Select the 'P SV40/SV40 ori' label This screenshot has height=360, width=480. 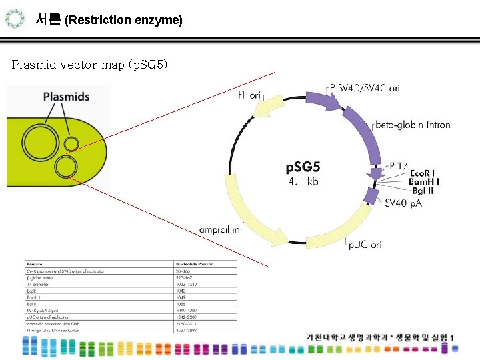[x=365, y=88]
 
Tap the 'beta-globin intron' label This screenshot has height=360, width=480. [x=413, y=125]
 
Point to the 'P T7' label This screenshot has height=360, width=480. [x=399, y=166]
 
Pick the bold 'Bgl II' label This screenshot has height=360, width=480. [x=423, y=191]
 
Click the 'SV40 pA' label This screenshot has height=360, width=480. [x=403, y=203]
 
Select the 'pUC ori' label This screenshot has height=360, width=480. [x=365, y=245]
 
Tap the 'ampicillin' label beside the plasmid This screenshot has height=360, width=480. [x=220, y=229]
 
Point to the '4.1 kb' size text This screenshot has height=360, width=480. [x=303, y=181]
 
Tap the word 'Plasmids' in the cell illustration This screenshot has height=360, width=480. [x=66, y=97]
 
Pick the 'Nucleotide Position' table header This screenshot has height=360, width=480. [x=194, y=265]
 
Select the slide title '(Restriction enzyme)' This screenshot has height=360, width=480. [x=124, y=20]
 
